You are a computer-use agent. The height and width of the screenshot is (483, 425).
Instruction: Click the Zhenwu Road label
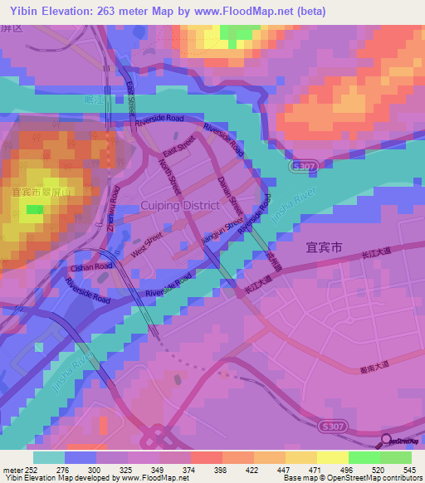pyautogui.click(x=110, y=207)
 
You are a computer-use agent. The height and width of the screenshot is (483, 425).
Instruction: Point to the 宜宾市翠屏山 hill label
pyautogui.click(x=42, y=191)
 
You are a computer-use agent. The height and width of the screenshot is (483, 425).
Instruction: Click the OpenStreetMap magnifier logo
pyautogui.click(x=387, y=440)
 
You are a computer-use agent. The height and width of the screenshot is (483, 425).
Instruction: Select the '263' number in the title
pyautogui.click(x=114, y=12)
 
